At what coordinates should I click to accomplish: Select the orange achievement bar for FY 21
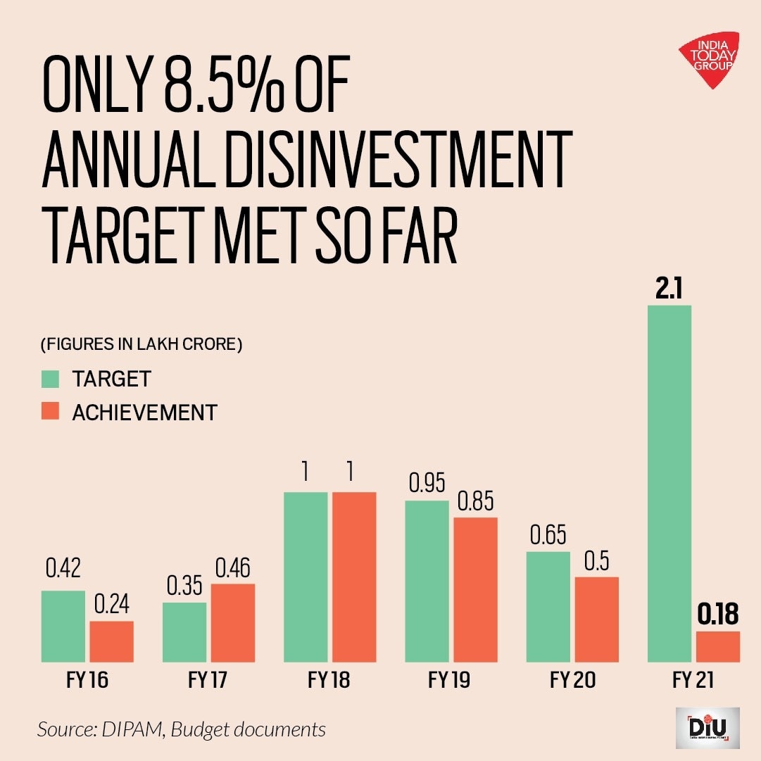(x=718, y=646)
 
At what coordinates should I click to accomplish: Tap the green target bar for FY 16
(x=63, y=626)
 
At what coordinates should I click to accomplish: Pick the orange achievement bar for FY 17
(x=232, y=622)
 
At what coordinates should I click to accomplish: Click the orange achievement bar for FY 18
(x=354, y=577)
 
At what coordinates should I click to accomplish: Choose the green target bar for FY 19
(x=427, y=581)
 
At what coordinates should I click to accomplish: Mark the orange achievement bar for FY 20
(x=597, y=619)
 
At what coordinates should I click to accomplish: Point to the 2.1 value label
(x=668, y=289)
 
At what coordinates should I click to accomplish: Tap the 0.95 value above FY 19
(x=427, y=484)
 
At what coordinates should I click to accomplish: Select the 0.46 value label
(x=232, y=568)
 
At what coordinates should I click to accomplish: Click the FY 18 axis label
(x=329, y=681)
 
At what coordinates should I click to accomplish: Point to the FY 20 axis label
(x=573, y=681)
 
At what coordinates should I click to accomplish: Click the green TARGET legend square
(x=50, y=379)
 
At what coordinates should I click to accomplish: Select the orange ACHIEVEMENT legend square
(x=50, y=412)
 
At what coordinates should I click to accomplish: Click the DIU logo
(x=707, y=728)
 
